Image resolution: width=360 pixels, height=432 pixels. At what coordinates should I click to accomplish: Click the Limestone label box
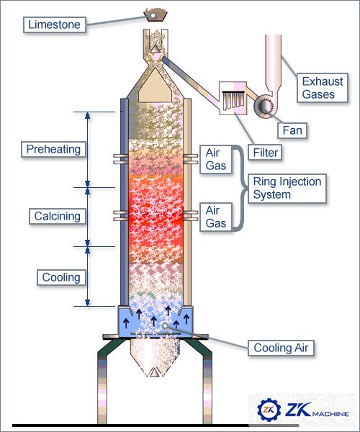point(55,24)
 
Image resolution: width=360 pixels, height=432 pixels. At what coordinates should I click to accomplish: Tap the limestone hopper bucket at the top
point(156,15)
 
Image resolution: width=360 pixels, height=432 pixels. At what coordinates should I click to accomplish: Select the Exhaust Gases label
point(323,88)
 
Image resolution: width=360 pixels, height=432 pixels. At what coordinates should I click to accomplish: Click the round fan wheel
point(265,105)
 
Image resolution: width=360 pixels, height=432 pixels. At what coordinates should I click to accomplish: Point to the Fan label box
point(292,130)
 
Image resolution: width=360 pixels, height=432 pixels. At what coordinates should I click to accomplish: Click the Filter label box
point(265,153)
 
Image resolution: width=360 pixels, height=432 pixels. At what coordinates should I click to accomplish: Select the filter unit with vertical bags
point(233,98)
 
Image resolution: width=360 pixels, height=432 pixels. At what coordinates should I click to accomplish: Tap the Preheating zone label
point(53,149)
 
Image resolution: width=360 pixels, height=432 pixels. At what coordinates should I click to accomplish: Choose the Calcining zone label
point(57,216)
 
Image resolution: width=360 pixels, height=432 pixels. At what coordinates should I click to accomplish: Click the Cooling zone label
point(61,277)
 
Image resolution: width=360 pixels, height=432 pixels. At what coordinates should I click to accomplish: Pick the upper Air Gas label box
point(216,160)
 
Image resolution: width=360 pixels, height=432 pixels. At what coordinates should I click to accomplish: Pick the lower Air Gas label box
point(216,217)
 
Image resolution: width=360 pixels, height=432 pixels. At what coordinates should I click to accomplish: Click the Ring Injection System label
point(287,189)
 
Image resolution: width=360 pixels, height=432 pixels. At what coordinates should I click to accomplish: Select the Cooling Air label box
point(281,348)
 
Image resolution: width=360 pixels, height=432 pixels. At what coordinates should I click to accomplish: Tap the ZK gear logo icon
point(269,410)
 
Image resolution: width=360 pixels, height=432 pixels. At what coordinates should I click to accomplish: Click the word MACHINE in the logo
point(330,414)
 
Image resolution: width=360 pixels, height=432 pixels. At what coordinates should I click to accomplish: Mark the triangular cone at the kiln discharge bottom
point(155,372)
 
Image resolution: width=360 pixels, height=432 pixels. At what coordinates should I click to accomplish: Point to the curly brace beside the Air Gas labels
point(240,188)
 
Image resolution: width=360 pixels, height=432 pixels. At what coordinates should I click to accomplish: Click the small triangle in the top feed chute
point(155,48)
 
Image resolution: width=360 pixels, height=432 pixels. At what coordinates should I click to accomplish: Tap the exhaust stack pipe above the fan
point(273,63)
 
